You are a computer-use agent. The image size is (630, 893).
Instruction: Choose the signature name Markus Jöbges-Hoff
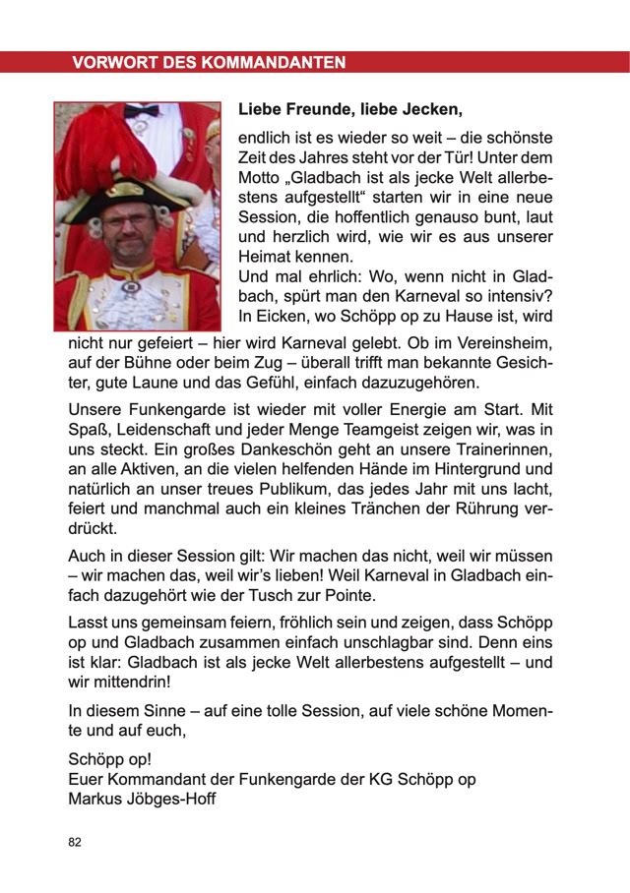142,799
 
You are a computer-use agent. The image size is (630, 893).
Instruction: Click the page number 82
76,843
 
